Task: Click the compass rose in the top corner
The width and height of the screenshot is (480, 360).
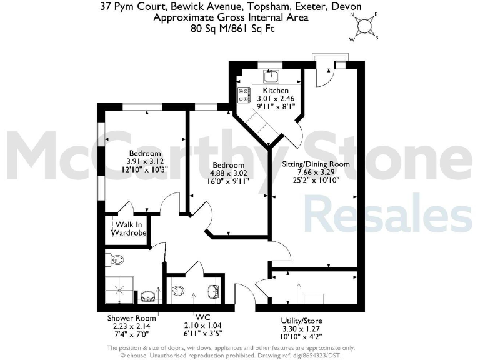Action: coord(363,27)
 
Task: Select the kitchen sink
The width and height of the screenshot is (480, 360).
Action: coord(271,77)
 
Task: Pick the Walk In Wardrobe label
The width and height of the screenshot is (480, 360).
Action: coord(129,228)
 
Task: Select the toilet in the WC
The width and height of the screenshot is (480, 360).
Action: coord(178,290)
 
